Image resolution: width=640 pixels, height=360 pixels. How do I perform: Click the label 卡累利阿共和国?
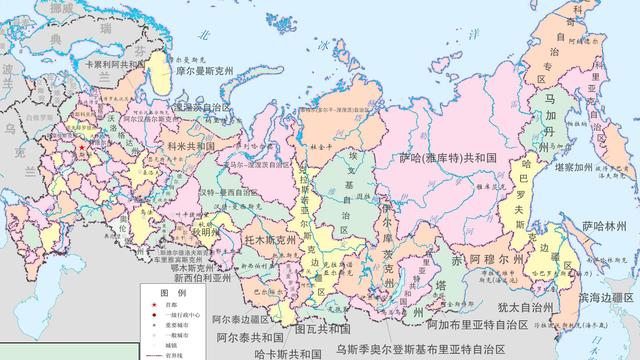coord(131,60)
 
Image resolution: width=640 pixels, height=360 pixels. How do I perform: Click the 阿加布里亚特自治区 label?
coord(476,324)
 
